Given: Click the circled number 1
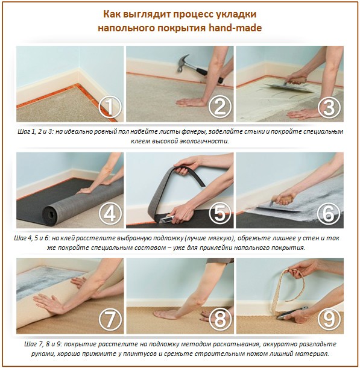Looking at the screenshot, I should (110, 108).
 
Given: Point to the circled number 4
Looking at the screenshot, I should (110, 213).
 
